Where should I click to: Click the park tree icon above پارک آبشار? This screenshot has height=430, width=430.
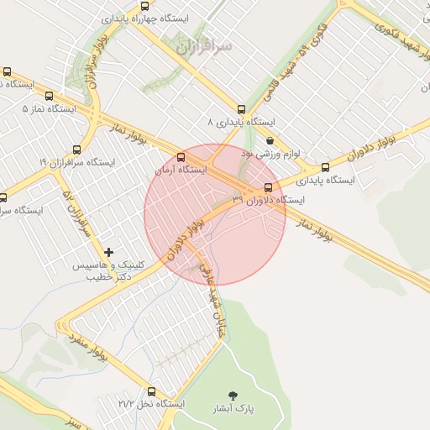pyautogui.click(x=232, y=395)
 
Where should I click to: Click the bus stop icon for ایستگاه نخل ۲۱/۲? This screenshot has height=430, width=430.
pyautogui.click(x=152, y=391)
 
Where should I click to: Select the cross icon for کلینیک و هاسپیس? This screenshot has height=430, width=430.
pyautogui.click(x=108, y=252)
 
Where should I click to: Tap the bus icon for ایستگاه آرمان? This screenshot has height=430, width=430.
pyautogui.click(x=181, y=157)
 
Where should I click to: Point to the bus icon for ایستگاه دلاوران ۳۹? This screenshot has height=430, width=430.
pyautogui.click(x=268, y=187)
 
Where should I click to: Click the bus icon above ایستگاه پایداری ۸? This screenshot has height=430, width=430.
pyautogui.click(x=242, y=109)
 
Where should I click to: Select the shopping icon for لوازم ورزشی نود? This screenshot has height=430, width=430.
pyautogui.click(x=269, y=141)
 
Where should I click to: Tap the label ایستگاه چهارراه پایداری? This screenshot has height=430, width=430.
pyautogui.click(x=145, y=18)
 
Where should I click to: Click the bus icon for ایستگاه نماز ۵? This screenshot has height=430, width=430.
pyautogui.click(x=48, y=97)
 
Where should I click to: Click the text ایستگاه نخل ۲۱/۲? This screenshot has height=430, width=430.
pyautogui.click(x=151, y=404)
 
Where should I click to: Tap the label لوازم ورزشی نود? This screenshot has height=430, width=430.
pyautogui.click(x=270, y=155)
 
